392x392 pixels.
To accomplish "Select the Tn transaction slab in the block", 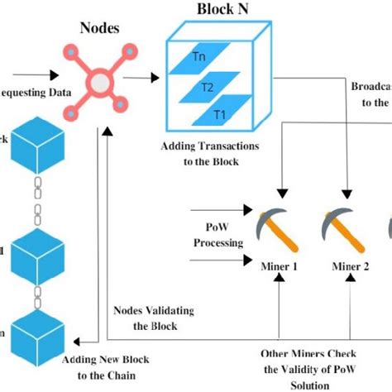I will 198,57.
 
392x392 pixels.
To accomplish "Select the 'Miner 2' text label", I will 350,265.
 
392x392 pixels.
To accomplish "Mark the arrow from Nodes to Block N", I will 145,80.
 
